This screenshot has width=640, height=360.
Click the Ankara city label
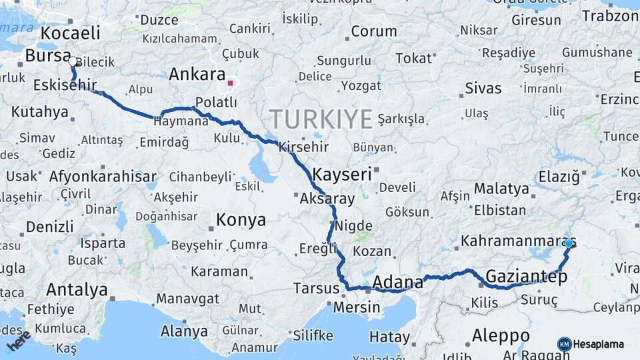pos(197,74)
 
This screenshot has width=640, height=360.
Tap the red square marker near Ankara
pos(231,83)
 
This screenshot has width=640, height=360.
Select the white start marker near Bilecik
pos(72,61)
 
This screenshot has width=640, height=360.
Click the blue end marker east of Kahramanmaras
pos(568,243)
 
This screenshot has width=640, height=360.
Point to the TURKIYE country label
pos(321,119)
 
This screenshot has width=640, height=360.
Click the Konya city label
pos(241,220)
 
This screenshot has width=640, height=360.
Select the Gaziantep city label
pos(526,275)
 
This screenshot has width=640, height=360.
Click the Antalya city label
pos(77,290)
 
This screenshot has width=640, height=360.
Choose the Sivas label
pos(483,87)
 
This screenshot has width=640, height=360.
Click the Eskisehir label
pos(64,85)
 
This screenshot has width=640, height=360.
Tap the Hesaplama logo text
pos(599,345)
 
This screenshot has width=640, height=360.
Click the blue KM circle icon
pos(564,344)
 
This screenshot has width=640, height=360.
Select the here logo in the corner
pos(18,340)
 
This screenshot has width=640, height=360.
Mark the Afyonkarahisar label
pos(102,177)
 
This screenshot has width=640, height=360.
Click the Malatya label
pos(501,189)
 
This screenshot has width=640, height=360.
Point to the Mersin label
pos(356,308)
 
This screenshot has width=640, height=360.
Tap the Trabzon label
pos(610,16)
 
